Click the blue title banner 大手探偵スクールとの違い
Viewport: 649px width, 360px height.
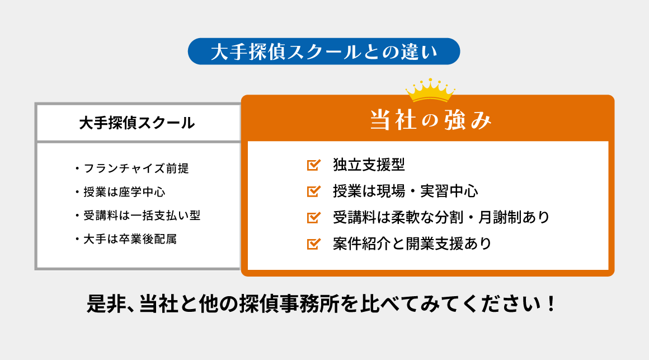coord(324,51)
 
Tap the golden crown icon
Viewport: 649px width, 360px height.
coord(430,90)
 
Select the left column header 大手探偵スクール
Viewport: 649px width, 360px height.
coord(137,123)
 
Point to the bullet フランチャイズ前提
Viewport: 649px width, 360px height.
coord(139,167)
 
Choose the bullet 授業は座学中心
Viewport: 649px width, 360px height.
coord(124,191)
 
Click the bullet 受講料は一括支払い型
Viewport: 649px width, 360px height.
coord(141,216)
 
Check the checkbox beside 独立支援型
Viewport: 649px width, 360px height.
coord(313,165)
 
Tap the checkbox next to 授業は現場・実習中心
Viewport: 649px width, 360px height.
coord(313,191)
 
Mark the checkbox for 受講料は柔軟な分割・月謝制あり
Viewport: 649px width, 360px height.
coord(313,217)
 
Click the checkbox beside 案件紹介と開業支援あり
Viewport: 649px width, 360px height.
coord(313,244)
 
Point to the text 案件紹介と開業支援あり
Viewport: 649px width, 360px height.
coord(411,244)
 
